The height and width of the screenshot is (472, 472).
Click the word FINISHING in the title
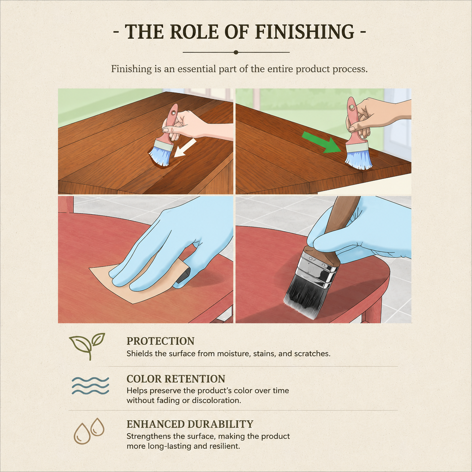click(x=305, y=32)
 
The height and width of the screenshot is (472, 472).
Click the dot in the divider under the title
click(x=236, y=52)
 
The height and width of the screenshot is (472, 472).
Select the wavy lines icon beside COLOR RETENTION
click(x=90, y=386)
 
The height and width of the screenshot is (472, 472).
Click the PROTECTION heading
click(x=160, y=341)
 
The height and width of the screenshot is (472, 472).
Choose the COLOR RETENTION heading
click(x=176, y=379)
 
